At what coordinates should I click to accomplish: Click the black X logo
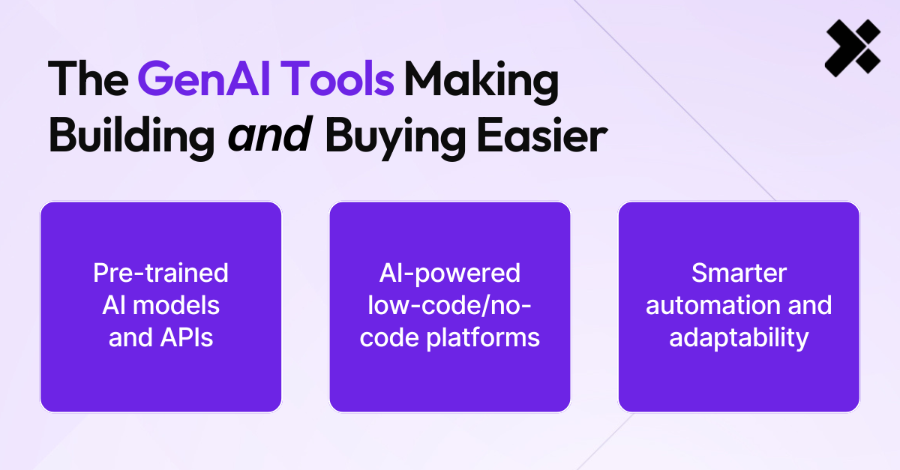coord(853,49)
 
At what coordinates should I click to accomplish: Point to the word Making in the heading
coord(481,79)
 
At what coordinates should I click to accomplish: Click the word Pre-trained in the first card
coord(160,273)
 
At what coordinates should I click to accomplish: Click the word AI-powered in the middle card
coord(450,273)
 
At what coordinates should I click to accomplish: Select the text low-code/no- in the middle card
coord(450,305)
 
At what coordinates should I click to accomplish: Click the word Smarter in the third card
coord(739,273)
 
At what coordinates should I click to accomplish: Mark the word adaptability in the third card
coord(739,337)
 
